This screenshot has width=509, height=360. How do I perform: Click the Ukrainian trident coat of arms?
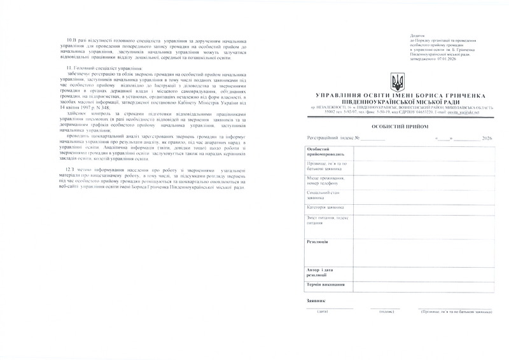[397, 81]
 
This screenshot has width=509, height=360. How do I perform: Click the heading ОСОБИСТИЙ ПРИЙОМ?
[397, 127]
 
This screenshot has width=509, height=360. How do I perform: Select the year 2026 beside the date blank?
[487, 137]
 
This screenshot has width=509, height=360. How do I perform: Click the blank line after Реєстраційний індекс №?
[373, 138]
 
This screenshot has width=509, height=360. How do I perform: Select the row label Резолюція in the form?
[317, 242]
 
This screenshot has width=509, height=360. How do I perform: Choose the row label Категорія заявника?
[325, 207]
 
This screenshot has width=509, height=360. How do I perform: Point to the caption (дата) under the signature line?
[323, 311]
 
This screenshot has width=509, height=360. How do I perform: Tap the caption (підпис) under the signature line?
[386, 311]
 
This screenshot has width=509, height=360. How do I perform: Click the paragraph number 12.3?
[71, 170]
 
